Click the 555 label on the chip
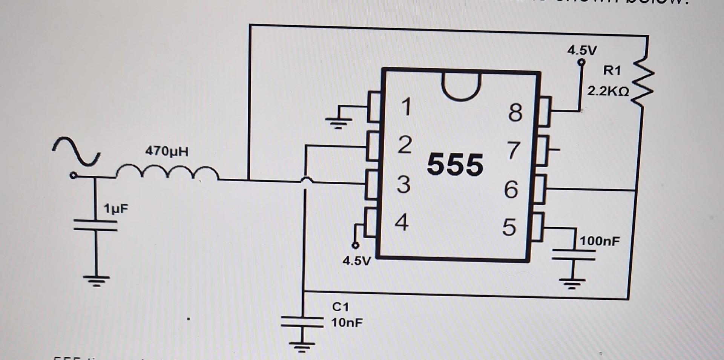[455, 165]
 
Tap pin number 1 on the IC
[406, 107]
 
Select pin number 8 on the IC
[515, 112]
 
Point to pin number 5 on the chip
[509, 227]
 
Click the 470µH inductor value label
[167, 152]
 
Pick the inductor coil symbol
[167, 173]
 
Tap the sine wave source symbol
[77, 152]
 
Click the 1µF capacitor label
[116, 208]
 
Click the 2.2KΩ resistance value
[608, 91]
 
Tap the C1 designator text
[340, 307]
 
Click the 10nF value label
[347, 323]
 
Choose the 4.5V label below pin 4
[356, 261]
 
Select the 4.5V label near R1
[582, 50]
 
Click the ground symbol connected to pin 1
[339, 121]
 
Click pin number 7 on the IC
[514, 151]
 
